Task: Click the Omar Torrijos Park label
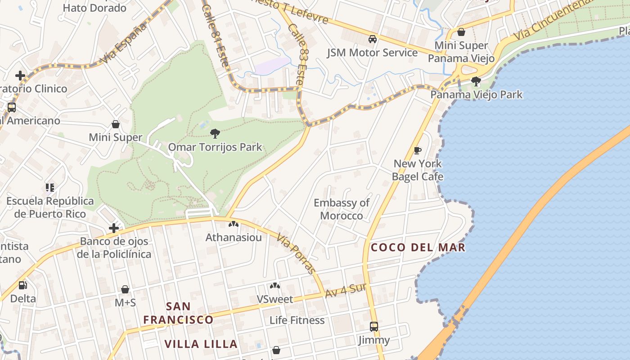click(x=215, y=147)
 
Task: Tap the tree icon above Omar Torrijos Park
click(x=215, y=133)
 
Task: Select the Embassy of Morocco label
click(x=342, y=209)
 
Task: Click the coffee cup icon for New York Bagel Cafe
click(x=418, y=150)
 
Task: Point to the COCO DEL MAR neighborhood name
click(x=418, y=247)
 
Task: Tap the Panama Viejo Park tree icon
click(x=476, y=81)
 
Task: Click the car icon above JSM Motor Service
click(x=373, y=39)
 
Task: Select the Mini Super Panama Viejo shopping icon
click(x=461, y=32)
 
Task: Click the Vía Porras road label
click(x=296, y=253)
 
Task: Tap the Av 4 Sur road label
click(x=345, y=290)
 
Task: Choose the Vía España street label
click(x=124, y=43)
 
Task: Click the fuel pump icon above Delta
click(x=22, y=285)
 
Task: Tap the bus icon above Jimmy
click(x=374, y=326)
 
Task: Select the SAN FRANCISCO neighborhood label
click(x=178, y=313)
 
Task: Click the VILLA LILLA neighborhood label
click(x=201, y=344)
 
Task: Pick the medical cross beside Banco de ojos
click(x=114, y=228)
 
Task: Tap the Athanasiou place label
click(x=234, y=237)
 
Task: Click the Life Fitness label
click(x=297, y=320)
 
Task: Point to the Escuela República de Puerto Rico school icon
click(x=49, y=187)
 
